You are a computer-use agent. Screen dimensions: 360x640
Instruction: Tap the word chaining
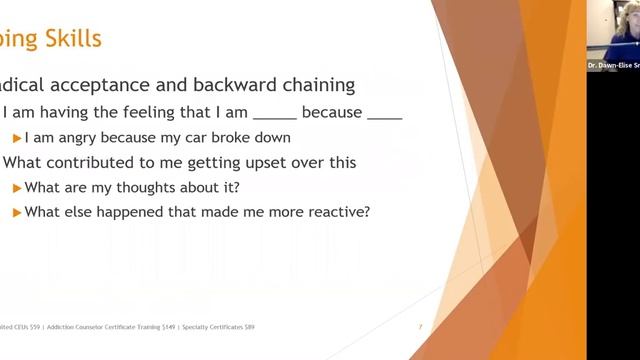(313, 86)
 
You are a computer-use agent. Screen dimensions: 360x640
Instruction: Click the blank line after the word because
(385, 115)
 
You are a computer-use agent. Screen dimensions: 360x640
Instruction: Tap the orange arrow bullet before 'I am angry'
(16, 137)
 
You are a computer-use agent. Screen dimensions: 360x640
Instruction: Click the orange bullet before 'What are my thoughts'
(16, 187)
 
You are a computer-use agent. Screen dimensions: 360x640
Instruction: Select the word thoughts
(157, 187)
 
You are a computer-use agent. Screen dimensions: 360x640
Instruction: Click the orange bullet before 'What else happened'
(16, 211)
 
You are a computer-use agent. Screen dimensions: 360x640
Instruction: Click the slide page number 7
(420, 327)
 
